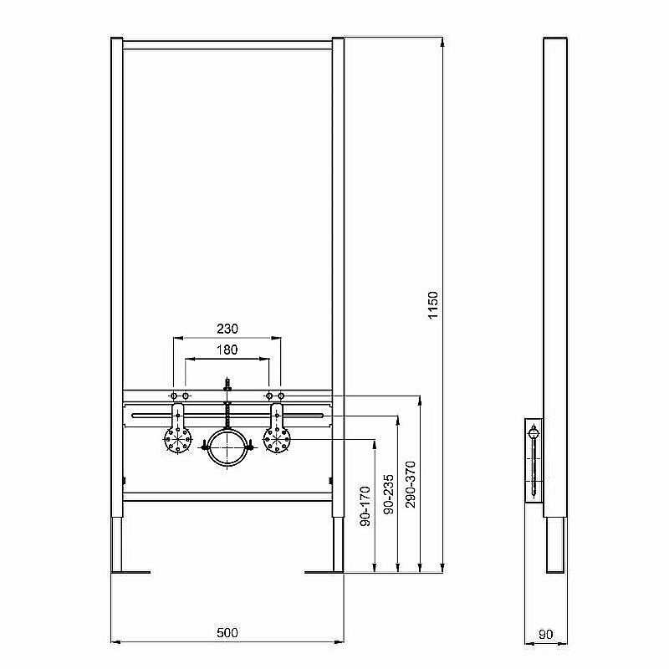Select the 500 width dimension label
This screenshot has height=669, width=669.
[x=227, y=633]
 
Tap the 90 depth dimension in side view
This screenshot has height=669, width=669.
[x=545, y=634]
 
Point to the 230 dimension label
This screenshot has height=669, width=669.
[x=227, y=329]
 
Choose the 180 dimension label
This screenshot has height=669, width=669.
[x=227, y=350]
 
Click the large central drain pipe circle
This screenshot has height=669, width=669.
[x=227, y=448]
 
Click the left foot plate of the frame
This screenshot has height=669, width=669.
[x=131, y=572]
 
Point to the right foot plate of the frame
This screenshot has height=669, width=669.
[x=324, y=572]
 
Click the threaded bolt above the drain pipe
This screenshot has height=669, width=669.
[x=227, y=387]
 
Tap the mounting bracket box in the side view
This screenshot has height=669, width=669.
[x=534, y=460]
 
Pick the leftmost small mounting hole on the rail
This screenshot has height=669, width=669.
[x=173, y=395]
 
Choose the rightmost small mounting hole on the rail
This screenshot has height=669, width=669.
[x=281, y=395]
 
